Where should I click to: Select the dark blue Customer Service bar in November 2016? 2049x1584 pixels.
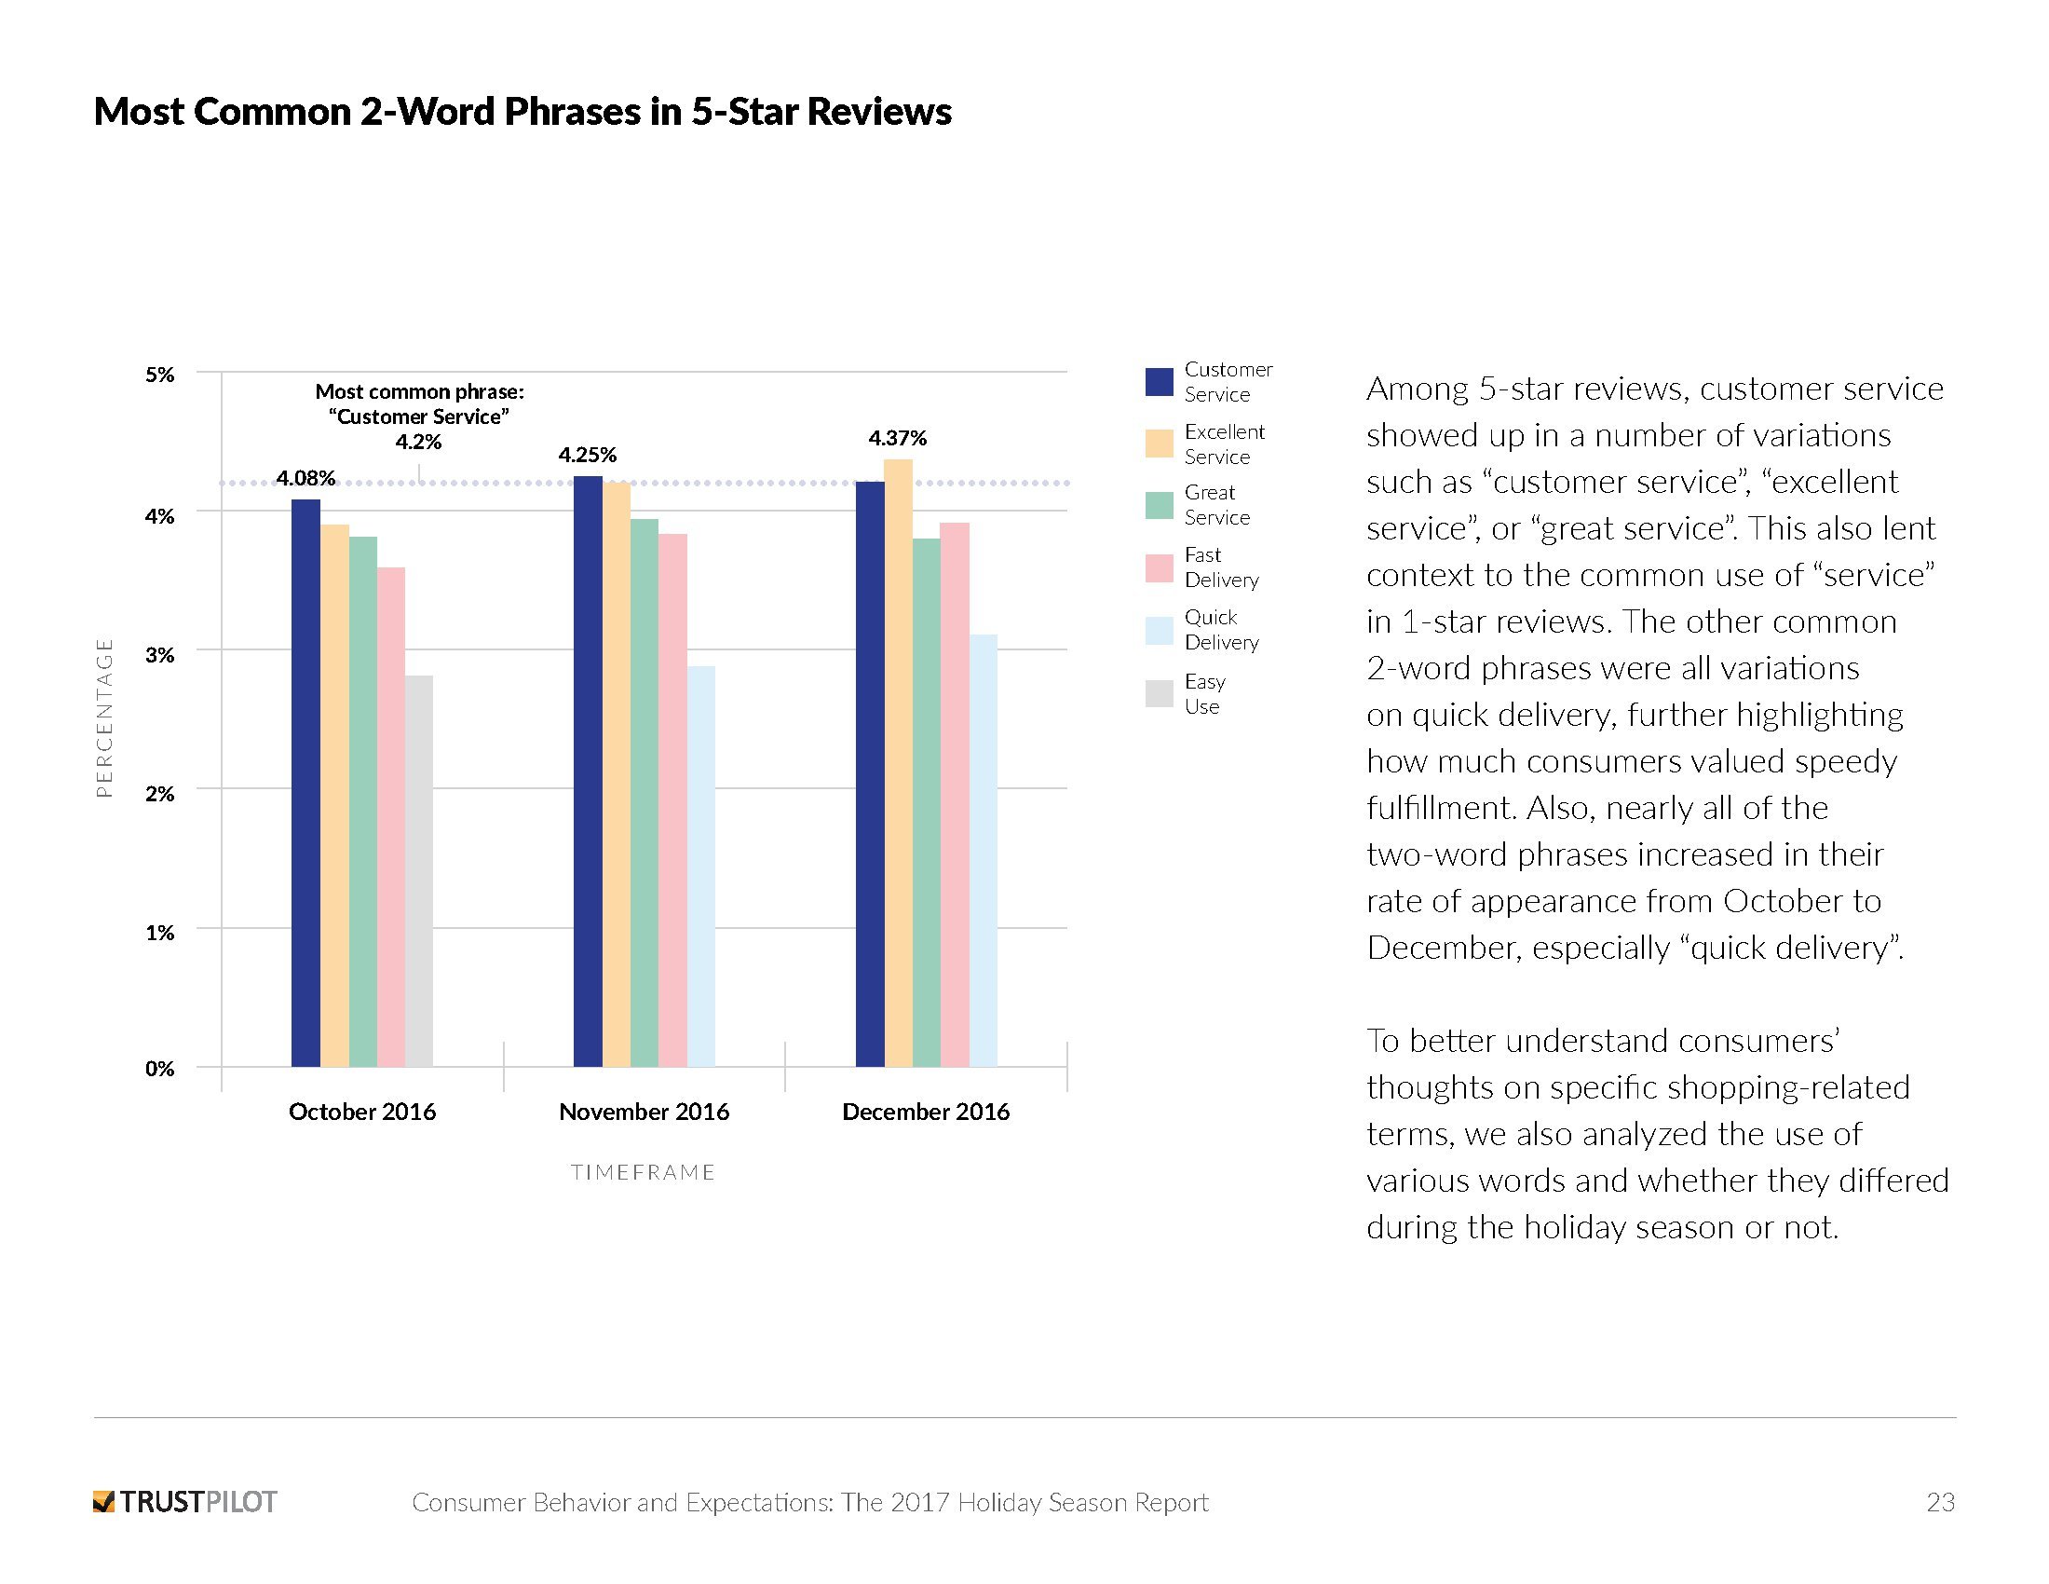tap(588, 771)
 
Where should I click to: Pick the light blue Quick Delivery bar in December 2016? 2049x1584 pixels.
tap(984, 850)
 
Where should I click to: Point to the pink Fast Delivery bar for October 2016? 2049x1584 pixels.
tap(391, 816)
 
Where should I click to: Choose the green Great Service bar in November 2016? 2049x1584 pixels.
tap(645, 792)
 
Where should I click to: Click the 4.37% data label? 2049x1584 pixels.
tap(897, 438)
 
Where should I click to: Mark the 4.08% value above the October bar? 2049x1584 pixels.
tap(305, 479)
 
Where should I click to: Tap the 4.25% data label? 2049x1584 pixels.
tap(588, 455)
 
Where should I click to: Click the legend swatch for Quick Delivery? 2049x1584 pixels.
tap(1160, 631)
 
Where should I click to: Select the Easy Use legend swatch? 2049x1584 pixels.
tap(1160, 693)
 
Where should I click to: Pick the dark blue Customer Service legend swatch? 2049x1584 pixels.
tap(1160, 382)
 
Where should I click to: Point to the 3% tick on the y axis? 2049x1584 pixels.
tap(159, 655)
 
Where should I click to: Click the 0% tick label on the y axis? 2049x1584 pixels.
tap(159, 1069)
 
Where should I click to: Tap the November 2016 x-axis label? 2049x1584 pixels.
tap(644, 1112)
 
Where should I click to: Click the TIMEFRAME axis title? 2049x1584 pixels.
tap(644, 1173)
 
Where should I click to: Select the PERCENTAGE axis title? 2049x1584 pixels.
tap(104, 717)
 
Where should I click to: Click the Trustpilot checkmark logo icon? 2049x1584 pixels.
tap(103, 1501)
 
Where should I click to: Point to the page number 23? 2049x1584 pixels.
tap(1940, 1502)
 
